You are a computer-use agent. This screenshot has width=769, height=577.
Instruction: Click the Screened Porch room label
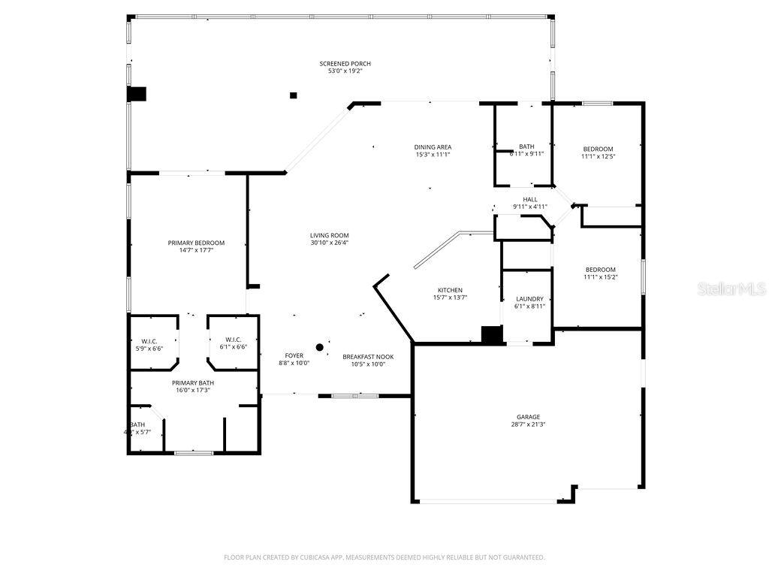345,64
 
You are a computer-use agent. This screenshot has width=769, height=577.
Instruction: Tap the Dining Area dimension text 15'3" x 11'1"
433,155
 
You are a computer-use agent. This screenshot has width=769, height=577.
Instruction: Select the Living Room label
329,235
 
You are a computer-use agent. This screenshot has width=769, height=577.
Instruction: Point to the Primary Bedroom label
196,243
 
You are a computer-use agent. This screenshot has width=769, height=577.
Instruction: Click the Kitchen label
450,290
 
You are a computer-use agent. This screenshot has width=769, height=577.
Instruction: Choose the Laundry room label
529,299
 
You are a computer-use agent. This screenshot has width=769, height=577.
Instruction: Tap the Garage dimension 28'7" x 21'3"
528,424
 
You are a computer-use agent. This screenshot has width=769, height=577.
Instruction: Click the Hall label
530,199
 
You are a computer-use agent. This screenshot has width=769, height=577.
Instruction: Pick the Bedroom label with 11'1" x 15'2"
601,270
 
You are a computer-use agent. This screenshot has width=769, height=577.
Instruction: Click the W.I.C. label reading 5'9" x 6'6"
149,341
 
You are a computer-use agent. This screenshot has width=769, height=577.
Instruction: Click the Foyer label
294,355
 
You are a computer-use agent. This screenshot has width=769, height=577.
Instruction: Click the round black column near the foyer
319,347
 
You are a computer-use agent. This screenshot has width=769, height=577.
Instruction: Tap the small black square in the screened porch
294,95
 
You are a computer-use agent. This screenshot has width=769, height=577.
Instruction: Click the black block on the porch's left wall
137,94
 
